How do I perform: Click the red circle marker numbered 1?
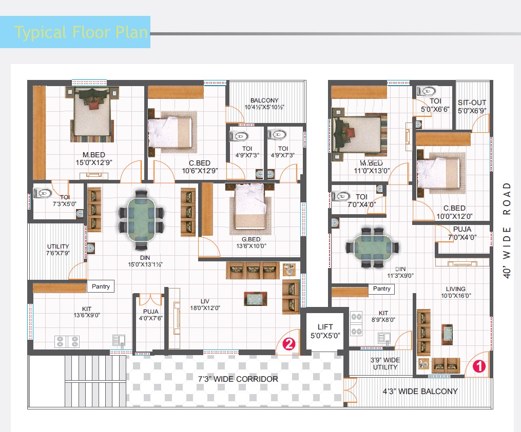click(479, 366)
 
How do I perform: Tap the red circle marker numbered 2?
click(289, 344)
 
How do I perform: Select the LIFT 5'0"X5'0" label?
click(325, 331)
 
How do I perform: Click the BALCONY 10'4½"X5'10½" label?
click(264, 104)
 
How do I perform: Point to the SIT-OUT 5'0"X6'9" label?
click(472, 107)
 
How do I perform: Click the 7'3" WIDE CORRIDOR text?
click(238, 379)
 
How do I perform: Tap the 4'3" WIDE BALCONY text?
click(420, 391)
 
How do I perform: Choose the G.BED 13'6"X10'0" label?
click(251, 242)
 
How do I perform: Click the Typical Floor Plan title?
click(81, 32)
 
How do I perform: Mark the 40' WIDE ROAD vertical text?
click(507, 230)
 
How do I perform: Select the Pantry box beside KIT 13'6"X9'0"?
click(101, 286)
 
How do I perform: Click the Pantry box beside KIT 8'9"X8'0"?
click(381, 289)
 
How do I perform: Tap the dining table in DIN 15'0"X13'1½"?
click(141, 220)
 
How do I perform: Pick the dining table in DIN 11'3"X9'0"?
click(372, 248)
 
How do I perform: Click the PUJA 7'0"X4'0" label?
click(462, 233)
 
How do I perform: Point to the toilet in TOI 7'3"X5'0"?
click(43, 193)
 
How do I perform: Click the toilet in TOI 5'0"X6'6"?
click(427, 91)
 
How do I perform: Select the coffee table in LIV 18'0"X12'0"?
click(256, 299)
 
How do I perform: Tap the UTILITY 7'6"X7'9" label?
click(58, 250)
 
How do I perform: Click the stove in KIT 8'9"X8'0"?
click(356, 324)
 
